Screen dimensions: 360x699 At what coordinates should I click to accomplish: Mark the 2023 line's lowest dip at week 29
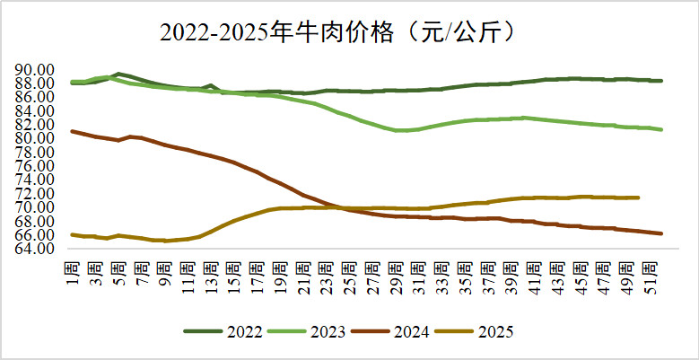(x=397, y=130)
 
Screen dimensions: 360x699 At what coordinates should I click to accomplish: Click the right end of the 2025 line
(x=637, y=198)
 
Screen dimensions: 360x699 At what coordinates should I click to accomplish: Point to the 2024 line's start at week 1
(x=73, y=131)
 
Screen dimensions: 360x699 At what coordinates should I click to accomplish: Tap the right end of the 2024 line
(x=661, y=233)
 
